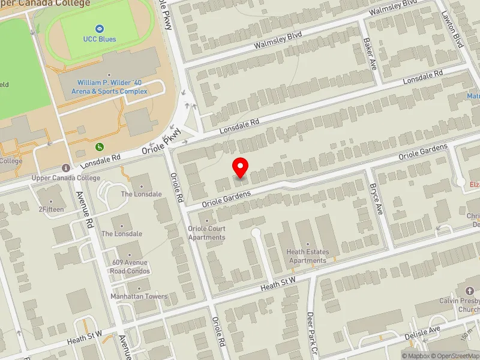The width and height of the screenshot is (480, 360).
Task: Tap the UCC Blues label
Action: point(100,40)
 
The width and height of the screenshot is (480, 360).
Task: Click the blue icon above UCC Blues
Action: point(100,28)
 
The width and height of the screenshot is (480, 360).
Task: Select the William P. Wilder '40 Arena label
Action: point(112,87)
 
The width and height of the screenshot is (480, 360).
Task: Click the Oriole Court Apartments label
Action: point(206,233)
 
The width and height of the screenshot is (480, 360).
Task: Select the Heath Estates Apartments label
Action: point(308,257)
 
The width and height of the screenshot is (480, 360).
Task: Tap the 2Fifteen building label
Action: point(50,210)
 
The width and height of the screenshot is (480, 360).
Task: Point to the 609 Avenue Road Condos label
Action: point(130,266)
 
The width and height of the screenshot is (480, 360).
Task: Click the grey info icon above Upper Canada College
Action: point(65,167)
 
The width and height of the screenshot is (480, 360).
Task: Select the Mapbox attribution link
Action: point(418,356)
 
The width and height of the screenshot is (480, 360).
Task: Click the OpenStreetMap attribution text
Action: point(457,356)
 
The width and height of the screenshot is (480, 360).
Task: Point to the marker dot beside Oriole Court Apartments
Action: point(207,221)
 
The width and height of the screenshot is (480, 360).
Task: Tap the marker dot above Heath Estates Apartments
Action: point(308,245)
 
